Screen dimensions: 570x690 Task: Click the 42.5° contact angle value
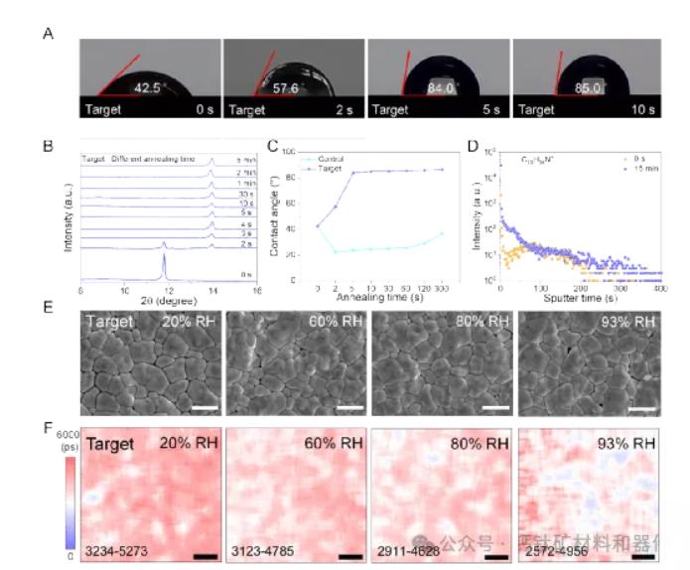coord(148,87)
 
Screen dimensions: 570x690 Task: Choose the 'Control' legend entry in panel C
coord(326,158)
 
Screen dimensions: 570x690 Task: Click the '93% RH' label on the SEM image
coord(632,323)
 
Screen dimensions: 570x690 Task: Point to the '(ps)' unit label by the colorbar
coord(66,446)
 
